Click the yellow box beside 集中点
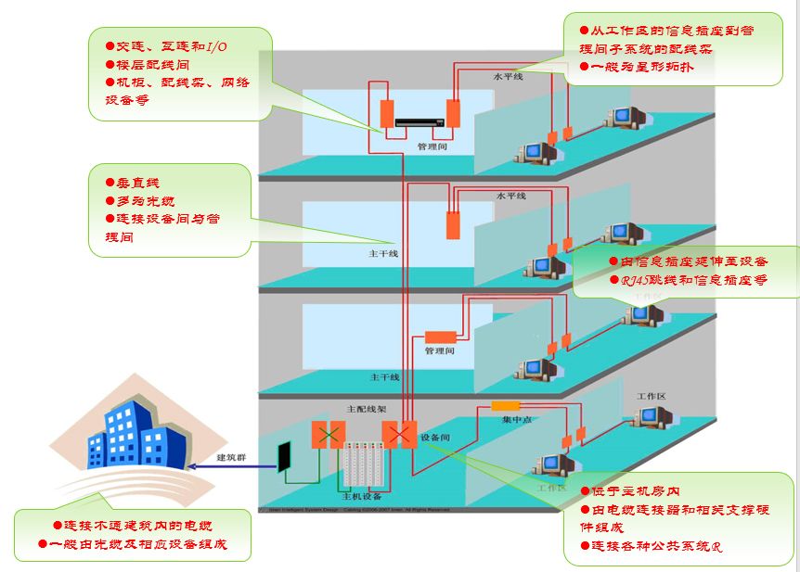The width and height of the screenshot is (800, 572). (506, 405)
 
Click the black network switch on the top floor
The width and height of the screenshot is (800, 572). (419, 121)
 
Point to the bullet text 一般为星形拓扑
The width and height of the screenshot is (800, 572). (641, 67)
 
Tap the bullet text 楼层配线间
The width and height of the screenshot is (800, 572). (152, 64)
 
